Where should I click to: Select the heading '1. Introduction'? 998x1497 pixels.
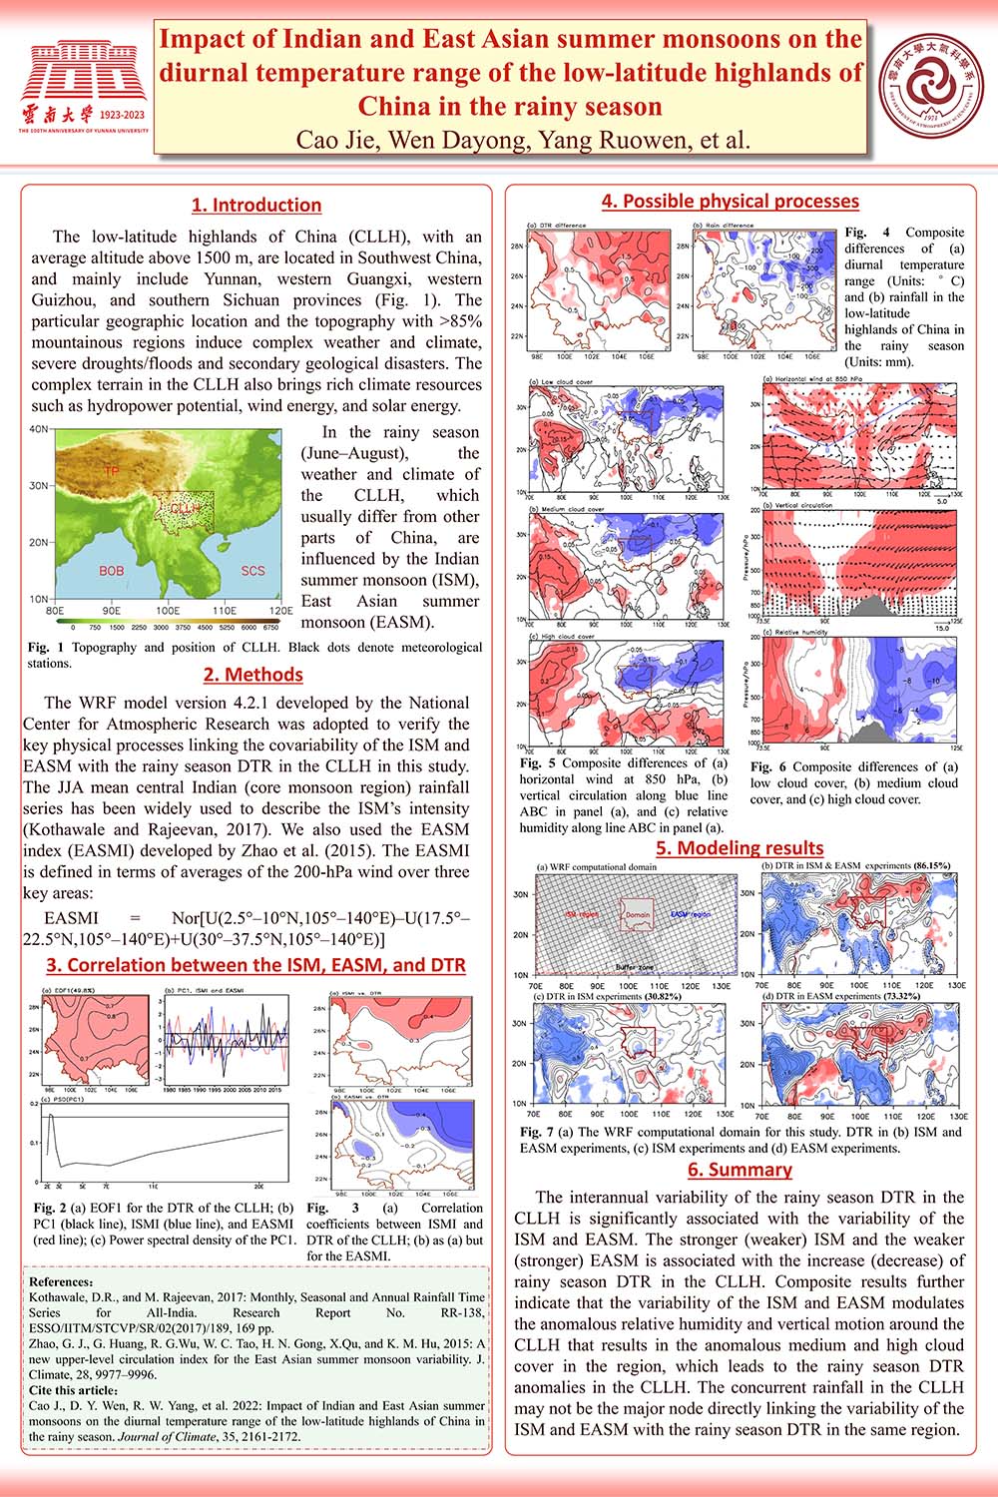pyautogui.click(x=256, y=206)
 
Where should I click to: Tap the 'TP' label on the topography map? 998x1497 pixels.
pyautogui.click(x=112, y=469)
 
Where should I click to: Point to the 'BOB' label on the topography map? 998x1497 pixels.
pyautogui.click(x=111, y=571)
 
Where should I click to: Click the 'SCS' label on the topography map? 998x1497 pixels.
pyautogui.click(x=253, y=571)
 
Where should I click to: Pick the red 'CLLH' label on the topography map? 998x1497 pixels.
pyautogui.click(x=185, y=508)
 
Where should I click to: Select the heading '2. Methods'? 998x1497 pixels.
pyautogui.click(x=252, y=675)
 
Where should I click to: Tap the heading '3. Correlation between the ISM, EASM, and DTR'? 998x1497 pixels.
pyautogui.click(x=256, y=965)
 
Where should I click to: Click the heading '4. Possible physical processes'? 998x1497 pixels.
pyautogui.click(x=730, y=202)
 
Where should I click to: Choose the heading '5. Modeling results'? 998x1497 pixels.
pyautogui.click(x=740, y=848)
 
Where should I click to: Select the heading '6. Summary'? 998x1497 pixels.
pyautogui.click(x=740, y=1170)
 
